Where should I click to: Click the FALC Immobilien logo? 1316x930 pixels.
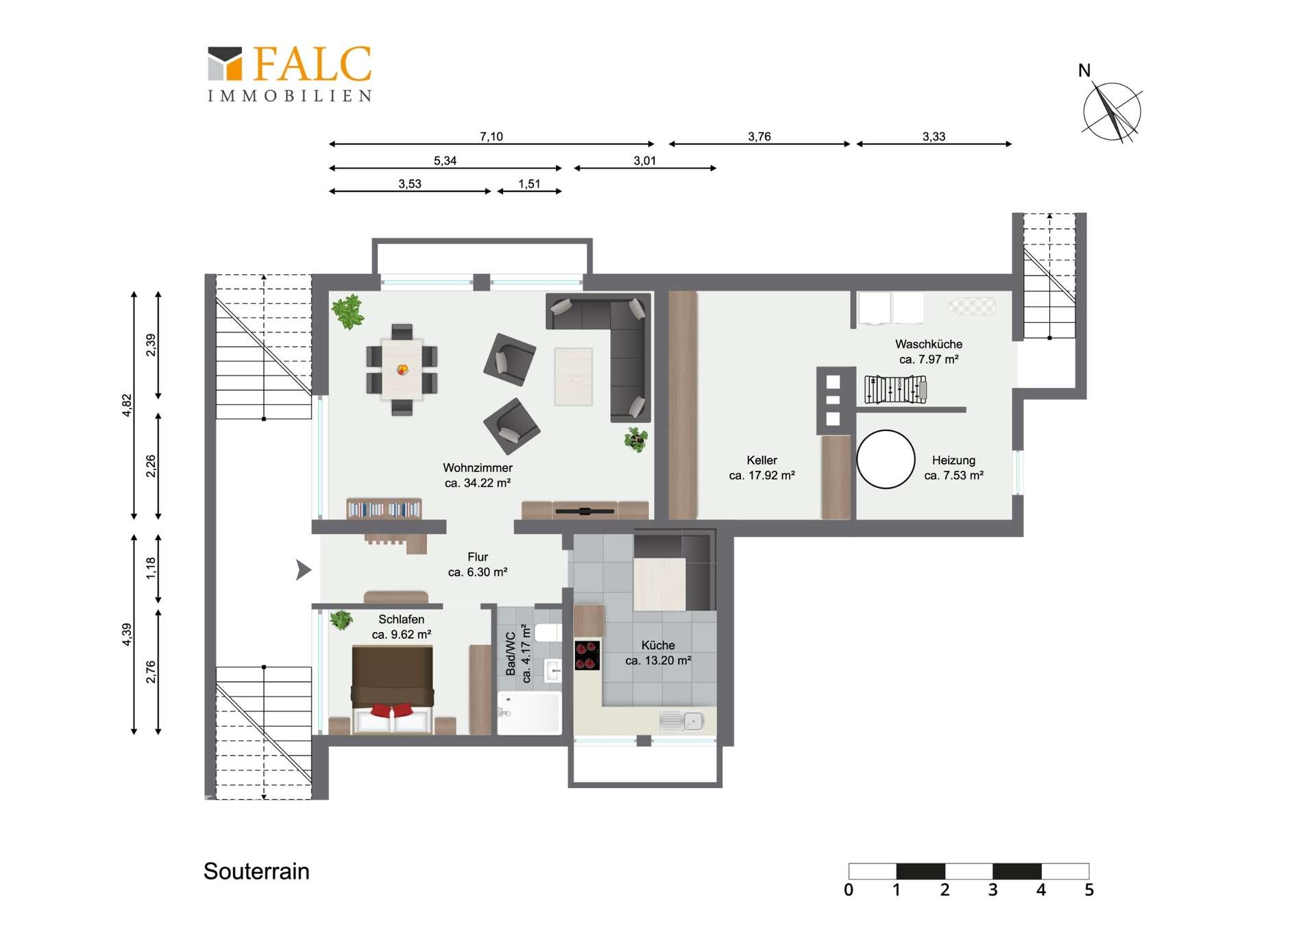(290, 74)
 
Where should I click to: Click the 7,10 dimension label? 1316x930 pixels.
(491, 136)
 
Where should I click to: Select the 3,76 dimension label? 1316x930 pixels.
(759, 136)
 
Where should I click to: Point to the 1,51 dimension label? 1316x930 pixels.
(529, 184)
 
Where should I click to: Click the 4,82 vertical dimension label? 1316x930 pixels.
(127, 405)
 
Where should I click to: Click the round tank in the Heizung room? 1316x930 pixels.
(886, 459)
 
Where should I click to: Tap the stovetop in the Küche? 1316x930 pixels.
(587, 655)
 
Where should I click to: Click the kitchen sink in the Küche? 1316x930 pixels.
(681, 721)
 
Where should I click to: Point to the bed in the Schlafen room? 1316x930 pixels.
(392, 689)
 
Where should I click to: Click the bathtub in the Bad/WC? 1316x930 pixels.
(529, 713)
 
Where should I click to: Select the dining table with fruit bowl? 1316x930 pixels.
(402, 369)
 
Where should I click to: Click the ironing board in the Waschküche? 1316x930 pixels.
(971, 306)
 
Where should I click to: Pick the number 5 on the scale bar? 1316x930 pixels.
(1089, 890)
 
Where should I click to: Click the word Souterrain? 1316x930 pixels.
(256, 871)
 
